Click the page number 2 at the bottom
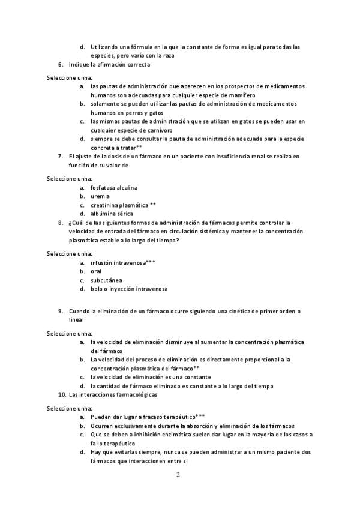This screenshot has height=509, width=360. [x=178, y=476]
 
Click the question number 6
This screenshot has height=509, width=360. [x=61, y=64]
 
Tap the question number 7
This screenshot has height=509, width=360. [x=61, y=156]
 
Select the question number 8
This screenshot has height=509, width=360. [x=61, y=222]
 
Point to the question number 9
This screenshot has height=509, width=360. [x=61, y=311]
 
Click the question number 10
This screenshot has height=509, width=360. [x=61, y=395]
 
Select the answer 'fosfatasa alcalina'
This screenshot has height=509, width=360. [x=114, y=187]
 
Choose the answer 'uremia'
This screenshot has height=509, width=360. [x=100, y=196]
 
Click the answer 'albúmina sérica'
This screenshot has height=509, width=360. [x=112, y=214]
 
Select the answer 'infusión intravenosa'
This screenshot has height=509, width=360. [x=118, y=262]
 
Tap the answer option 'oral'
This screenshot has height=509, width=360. [x=96, y=271]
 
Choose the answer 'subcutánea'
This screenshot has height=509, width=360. [x=106, y=280]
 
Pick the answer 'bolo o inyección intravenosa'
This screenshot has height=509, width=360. [x=129, y=289]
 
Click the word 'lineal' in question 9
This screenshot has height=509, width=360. [x=76, y=320]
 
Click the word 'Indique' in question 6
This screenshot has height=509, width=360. [x=79, y=64]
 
